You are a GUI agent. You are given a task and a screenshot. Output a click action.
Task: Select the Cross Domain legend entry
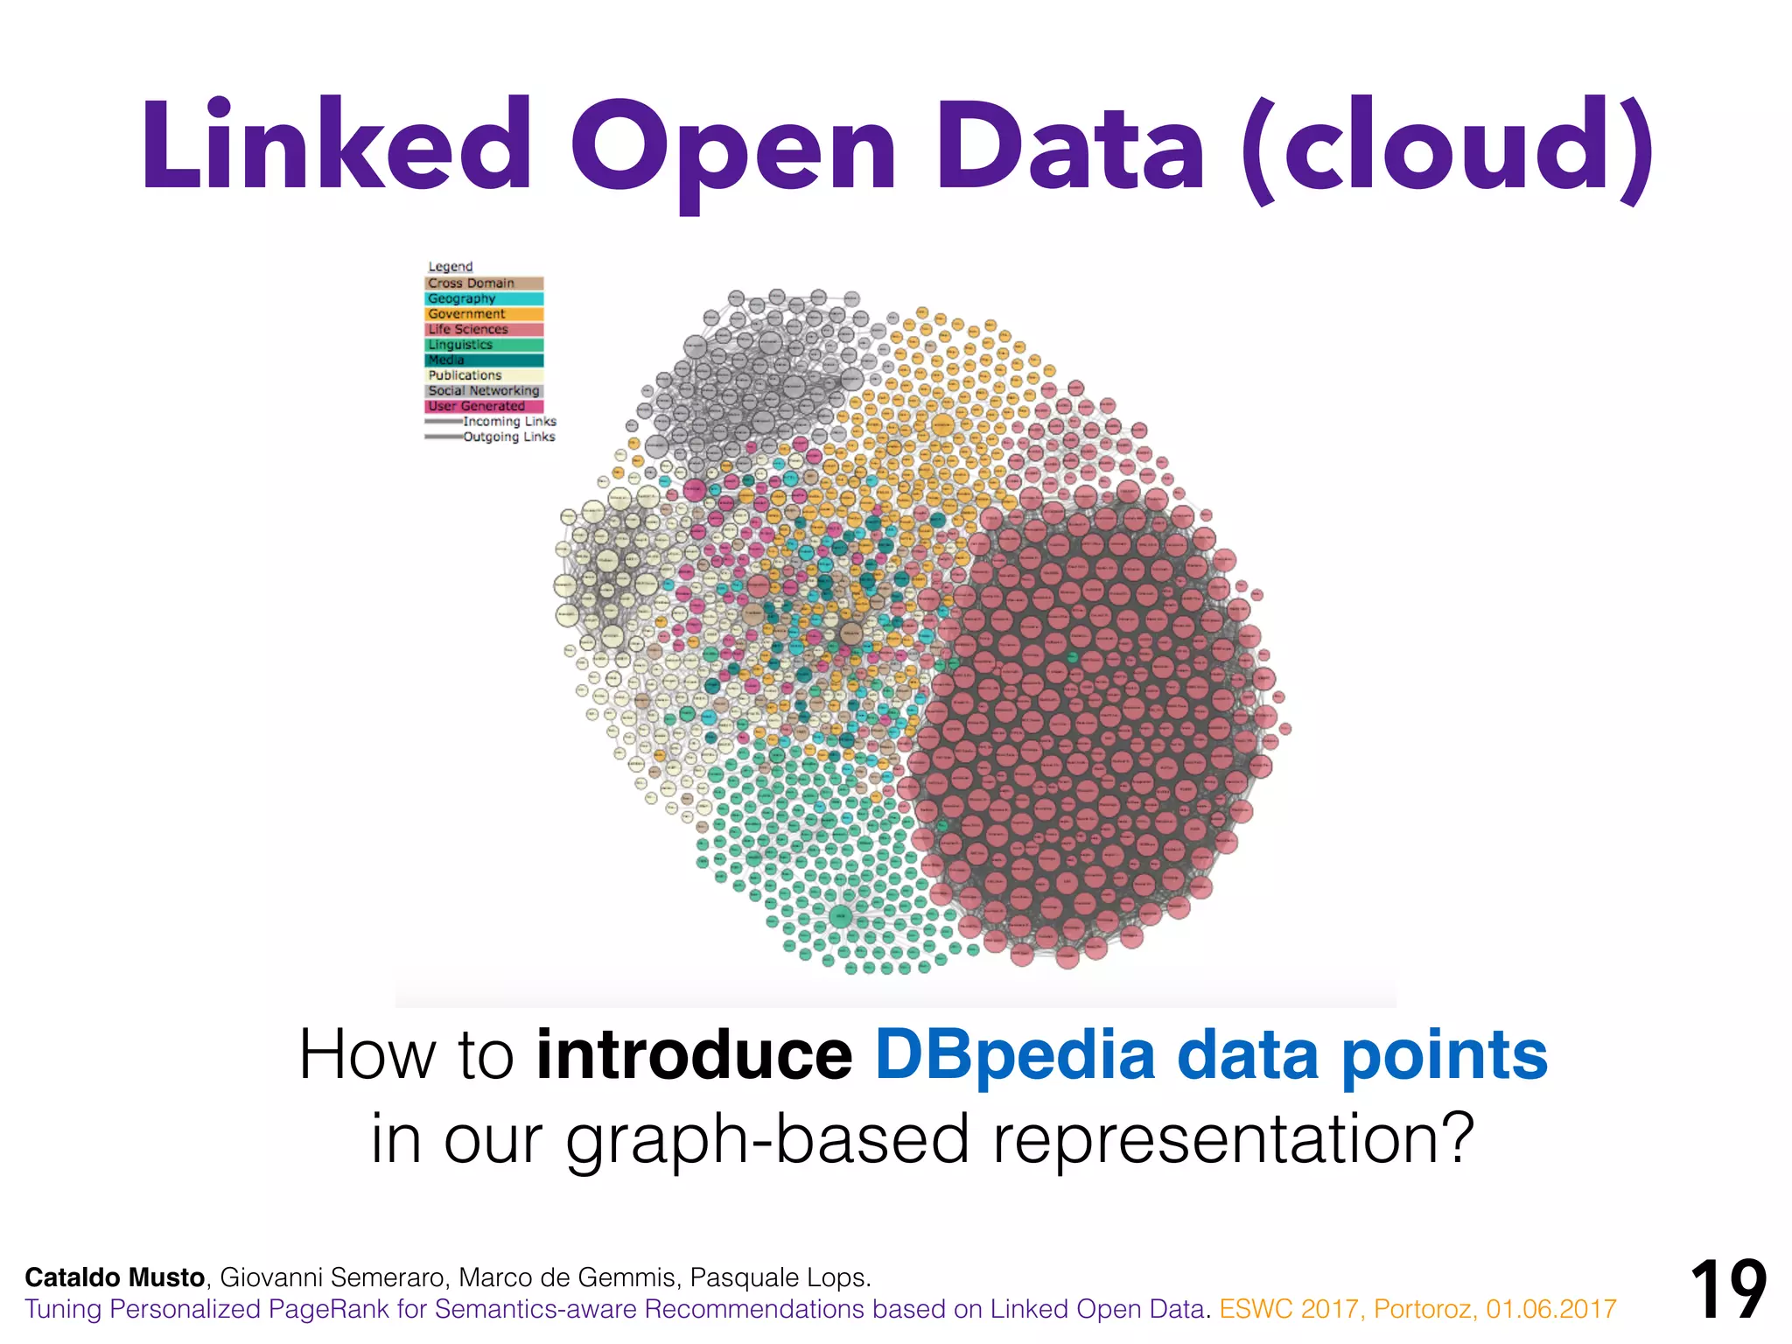(484, 283)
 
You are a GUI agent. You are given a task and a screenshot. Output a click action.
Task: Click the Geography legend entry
(484, 298)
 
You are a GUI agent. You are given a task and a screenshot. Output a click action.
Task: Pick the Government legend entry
(484, 314)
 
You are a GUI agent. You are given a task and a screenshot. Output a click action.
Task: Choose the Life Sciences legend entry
(484, 329)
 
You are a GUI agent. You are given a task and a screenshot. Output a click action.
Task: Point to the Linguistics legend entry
(484, 345)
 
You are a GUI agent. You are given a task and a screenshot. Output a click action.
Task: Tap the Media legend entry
(484, 360)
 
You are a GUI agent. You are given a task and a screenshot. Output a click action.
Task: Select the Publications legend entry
(484, 375)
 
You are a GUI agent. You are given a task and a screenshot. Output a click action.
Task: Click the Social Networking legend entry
(484, 390)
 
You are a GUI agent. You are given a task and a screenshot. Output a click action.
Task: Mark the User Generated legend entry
(484, 406)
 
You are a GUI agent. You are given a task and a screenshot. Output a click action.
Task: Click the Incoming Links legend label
(509, 422)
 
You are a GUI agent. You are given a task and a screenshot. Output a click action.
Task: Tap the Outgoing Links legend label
(508, 437)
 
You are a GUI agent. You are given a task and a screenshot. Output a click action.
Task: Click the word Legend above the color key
(450, 266)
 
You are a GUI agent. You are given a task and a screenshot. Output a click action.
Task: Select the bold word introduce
(694, 1055)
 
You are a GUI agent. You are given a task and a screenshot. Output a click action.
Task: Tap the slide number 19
(1728, 1290)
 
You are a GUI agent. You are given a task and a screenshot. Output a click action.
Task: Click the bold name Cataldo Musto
(115, 1277)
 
